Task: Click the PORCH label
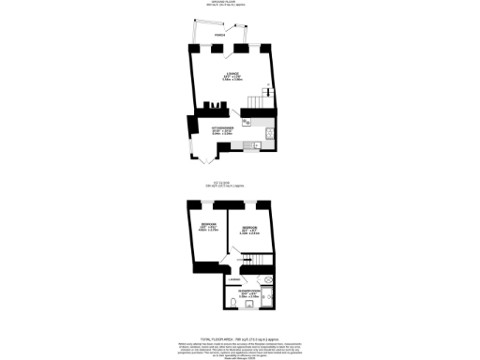[217, 37]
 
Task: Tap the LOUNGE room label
[232, 78]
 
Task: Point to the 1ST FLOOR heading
[222, 184]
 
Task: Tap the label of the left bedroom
[209, 226]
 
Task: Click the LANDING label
[234, 279]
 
